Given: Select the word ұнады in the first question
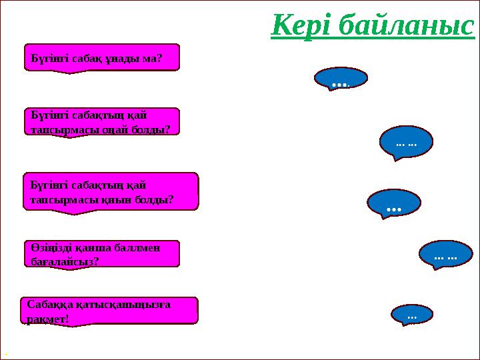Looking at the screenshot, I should click(125, 58).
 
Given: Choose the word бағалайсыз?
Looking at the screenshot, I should click(65, 261).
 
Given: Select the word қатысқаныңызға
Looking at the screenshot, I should click(125, 305).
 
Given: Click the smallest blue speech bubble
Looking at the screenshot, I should click(411, 314).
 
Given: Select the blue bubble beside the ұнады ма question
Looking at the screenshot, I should click(340, 79).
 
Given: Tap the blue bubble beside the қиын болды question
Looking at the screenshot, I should click(394, 203).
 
